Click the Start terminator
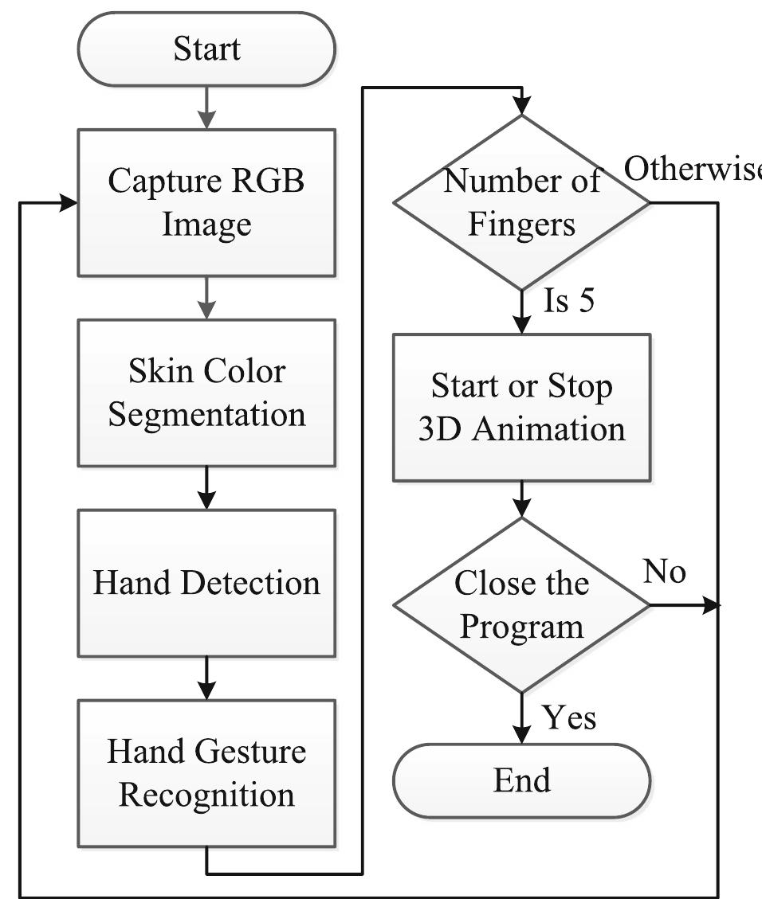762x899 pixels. pyautogui.click(x=206, y=49)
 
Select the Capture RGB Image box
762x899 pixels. pyautogui.click(x=206, y=202)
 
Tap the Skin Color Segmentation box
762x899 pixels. pyautogui.click(x=206, y=393)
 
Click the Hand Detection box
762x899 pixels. pyautogui.click(x=206, y=583)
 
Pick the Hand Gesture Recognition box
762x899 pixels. pyautogui.click(x=206, y=772)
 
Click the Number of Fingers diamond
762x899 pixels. pyautogui.click(x=521, y=202)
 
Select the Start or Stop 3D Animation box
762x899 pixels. pyautogui.click(x=521, y=408)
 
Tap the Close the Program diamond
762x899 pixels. pyautogui.click(x=521, y=605)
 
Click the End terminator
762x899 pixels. pyautogui.click(x=521, y=780)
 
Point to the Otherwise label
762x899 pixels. pyautogui.click(x=692, y=169)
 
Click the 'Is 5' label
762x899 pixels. pyautogui.click(x=569, y=303)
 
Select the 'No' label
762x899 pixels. pyautogui.click(x=665, y=572)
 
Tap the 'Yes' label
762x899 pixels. pyautogui.click(x=569, y=718)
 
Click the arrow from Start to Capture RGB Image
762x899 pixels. pyautogui.click(x=206, y=107)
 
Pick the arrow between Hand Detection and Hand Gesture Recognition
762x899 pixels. pyautogui.click(x=206, y=678)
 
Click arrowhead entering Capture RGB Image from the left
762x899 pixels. pyautogui.click(x=68, y=203)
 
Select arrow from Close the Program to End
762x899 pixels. pyautogui.click(x=521, y=718)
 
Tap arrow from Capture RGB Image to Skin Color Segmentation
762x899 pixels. pyautogui.click(x=206, y=298)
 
